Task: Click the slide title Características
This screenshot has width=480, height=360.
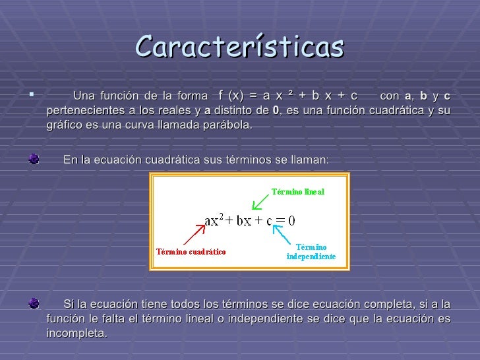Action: pos(240,47)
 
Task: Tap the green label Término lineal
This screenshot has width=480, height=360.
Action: pos(298,192)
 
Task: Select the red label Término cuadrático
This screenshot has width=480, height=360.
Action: pos(191,251)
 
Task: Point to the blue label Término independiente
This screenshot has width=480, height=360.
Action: pos(311,251)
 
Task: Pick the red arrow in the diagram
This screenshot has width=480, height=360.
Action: pos(193,234)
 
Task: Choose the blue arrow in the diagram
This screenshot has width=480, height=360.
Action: pos(283,233)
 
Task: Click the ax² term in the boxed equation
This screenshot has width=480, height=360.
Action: pos(214,220)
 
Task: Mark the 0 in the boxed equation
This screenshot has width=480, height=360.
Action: pos(291,220)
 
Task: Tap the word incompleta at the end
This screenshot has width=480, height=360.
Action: pos(76,333)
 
